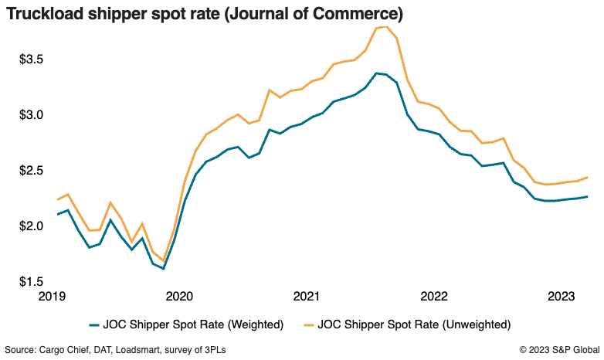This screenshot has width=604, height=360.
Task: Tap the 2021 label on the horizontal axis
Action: pos(307,297)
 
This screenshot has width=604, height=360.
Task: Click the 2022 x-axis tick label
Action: pos(434,297)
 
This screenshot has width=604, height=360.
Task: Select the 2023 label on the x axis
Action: pos(562,297)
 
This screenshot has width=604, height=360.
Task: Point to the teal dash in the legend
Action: pos(95,324)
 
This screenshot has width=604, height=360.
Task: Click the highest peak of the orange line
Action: pos(384,27)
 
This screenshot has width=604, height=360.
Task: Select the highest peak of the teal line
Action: pos(375,73)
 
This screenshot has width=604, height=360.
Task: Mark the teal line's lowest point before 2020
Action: pos(163,269)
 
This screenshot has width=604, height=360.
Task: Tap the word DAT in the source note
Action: pos(103,351)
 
